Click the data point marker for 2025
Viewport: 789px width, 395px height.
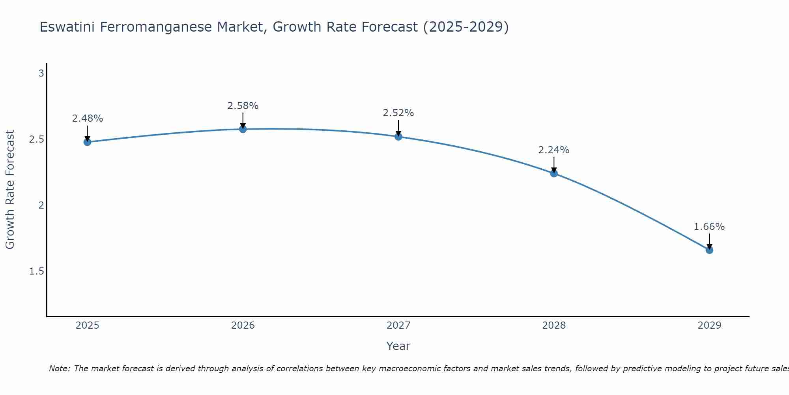tap(88, 142)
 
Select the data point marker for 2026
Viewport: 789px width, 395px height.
tap(243, 129)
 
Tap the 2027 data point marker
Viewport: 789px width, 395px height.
tap(398, 137)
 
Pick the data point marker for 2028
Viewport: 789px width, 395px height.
tap(554, 173)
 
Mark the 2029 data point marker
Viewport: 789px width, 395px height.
tap(709, 250)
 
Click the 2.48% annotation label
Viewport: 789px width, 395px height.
tap(88, 118)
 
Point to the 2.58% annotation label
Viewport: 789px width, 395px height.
tap(243, 106)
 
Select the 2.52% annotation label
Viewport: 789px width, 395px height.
tap(398, 113)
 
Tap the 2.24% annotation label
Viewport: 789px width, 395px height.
tap(554, 150)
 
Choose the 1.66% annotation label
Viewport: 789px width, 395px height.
tap(709, 227)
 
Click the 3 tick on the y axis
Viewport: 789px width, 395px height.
tap(41, 73)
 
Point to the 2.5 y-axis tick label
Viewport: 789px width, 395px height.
tap(37, 139)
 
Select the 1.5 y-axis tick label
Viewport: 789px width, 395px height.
tap(37, 271)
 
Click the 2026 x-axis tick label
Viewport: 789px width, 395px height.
tap(243, 325)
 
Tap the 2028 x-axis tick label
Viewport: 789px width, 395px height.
tap(554, 325)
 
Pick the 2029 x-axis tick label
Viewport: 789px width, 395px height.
tap(709, 325)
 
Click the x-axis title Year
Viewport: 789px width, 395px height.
tap(398, 346)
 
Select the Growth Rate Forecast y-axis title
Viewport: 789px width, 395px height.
tap(10, 190)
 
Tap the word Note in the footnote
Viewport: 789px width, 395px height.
tap(59, 369)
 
